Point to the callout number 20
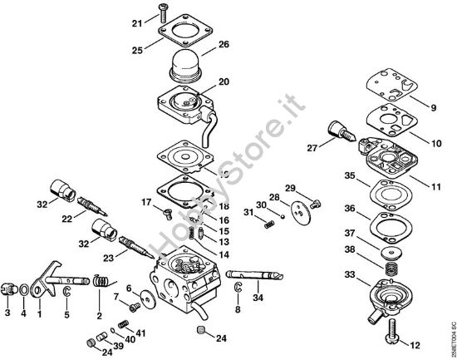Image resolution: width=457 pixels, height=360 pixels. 223,81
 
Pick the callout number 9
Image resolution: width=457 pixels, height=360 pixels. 432,106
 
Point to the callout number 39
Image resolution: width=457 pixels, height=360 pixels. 118,345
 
